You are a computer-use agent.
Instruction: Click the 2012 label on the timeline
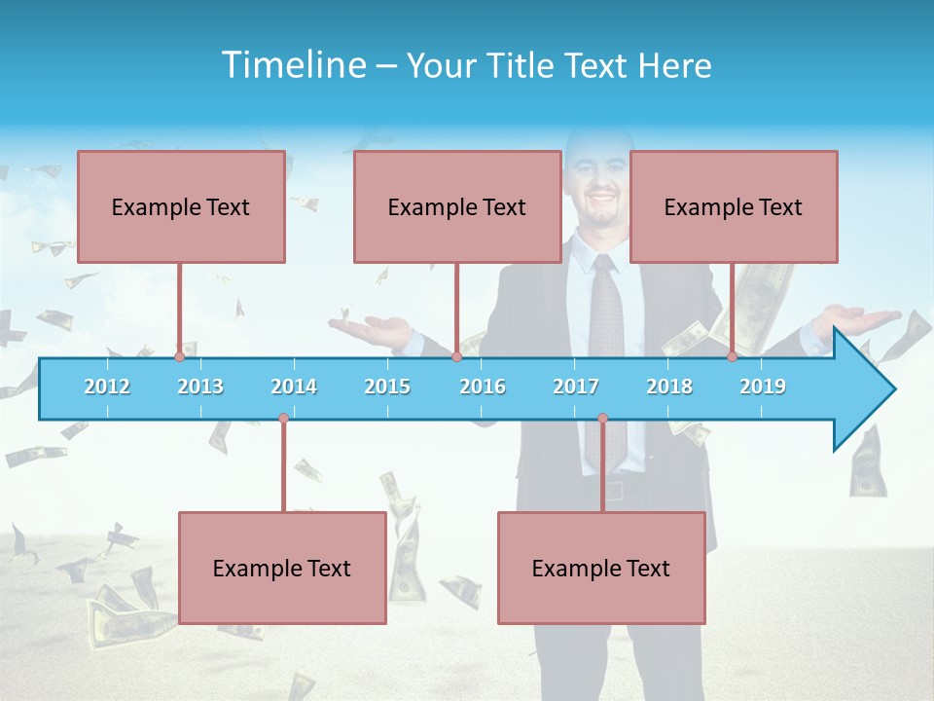click(x=107, y=387)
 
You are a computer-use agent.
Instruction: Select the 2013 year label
click(x=200, y=387)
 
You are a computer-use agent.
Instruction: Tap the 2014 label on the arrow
click(x=294, y=387)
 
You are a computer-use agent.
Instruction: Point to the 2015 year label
click(x=387, y=387)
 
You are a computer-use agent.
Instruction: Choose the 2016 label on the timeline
click(x=483, y=387)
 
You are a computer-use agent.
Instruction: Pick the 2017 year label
click(x=576, y=387)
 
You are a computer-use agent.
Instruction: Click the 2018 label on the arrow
click(x=669, y=387)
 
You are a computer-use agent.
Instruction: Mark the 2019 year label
click(x=763, y=387)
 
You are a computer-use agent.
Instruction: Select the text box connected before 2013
click(x=181, y=206)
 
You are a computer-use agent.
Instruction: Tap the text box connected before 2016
click(x=457, y=206)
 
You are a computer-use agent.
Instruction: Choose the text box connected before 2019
click(x=734, y=206)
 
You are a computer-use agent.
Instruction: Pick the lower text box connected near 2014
click(x=282, y=568)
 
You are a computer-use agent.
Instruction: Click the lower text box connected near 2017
click(x=601, y=568)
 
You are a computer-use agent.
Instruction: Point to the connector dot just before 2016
click(x=456, y=357)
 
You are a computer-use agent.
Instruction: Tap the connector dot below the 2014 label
click(x=283, y=419)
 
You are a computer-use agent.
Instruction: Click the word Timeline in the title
click(x=293, y=65)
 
